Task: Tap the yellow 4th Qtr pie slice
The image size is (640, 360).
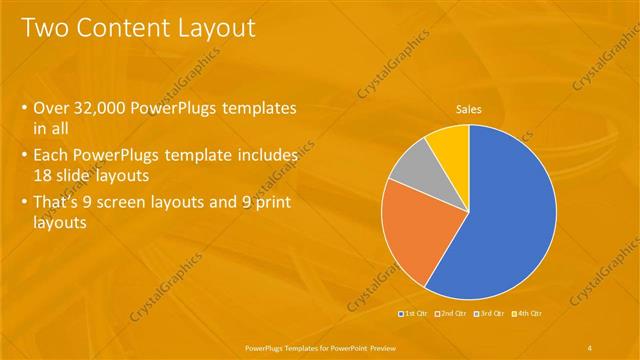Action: point(448,143)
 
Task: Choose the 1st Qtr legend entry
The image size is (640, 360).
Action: point(417,314)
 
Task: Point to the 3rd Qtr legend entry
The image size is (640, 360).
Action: point(490,314)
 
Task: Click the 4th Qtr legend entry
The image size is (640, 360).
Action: point(527,314)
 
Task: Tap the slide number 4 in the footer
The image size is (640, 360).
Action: point(590,347)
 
